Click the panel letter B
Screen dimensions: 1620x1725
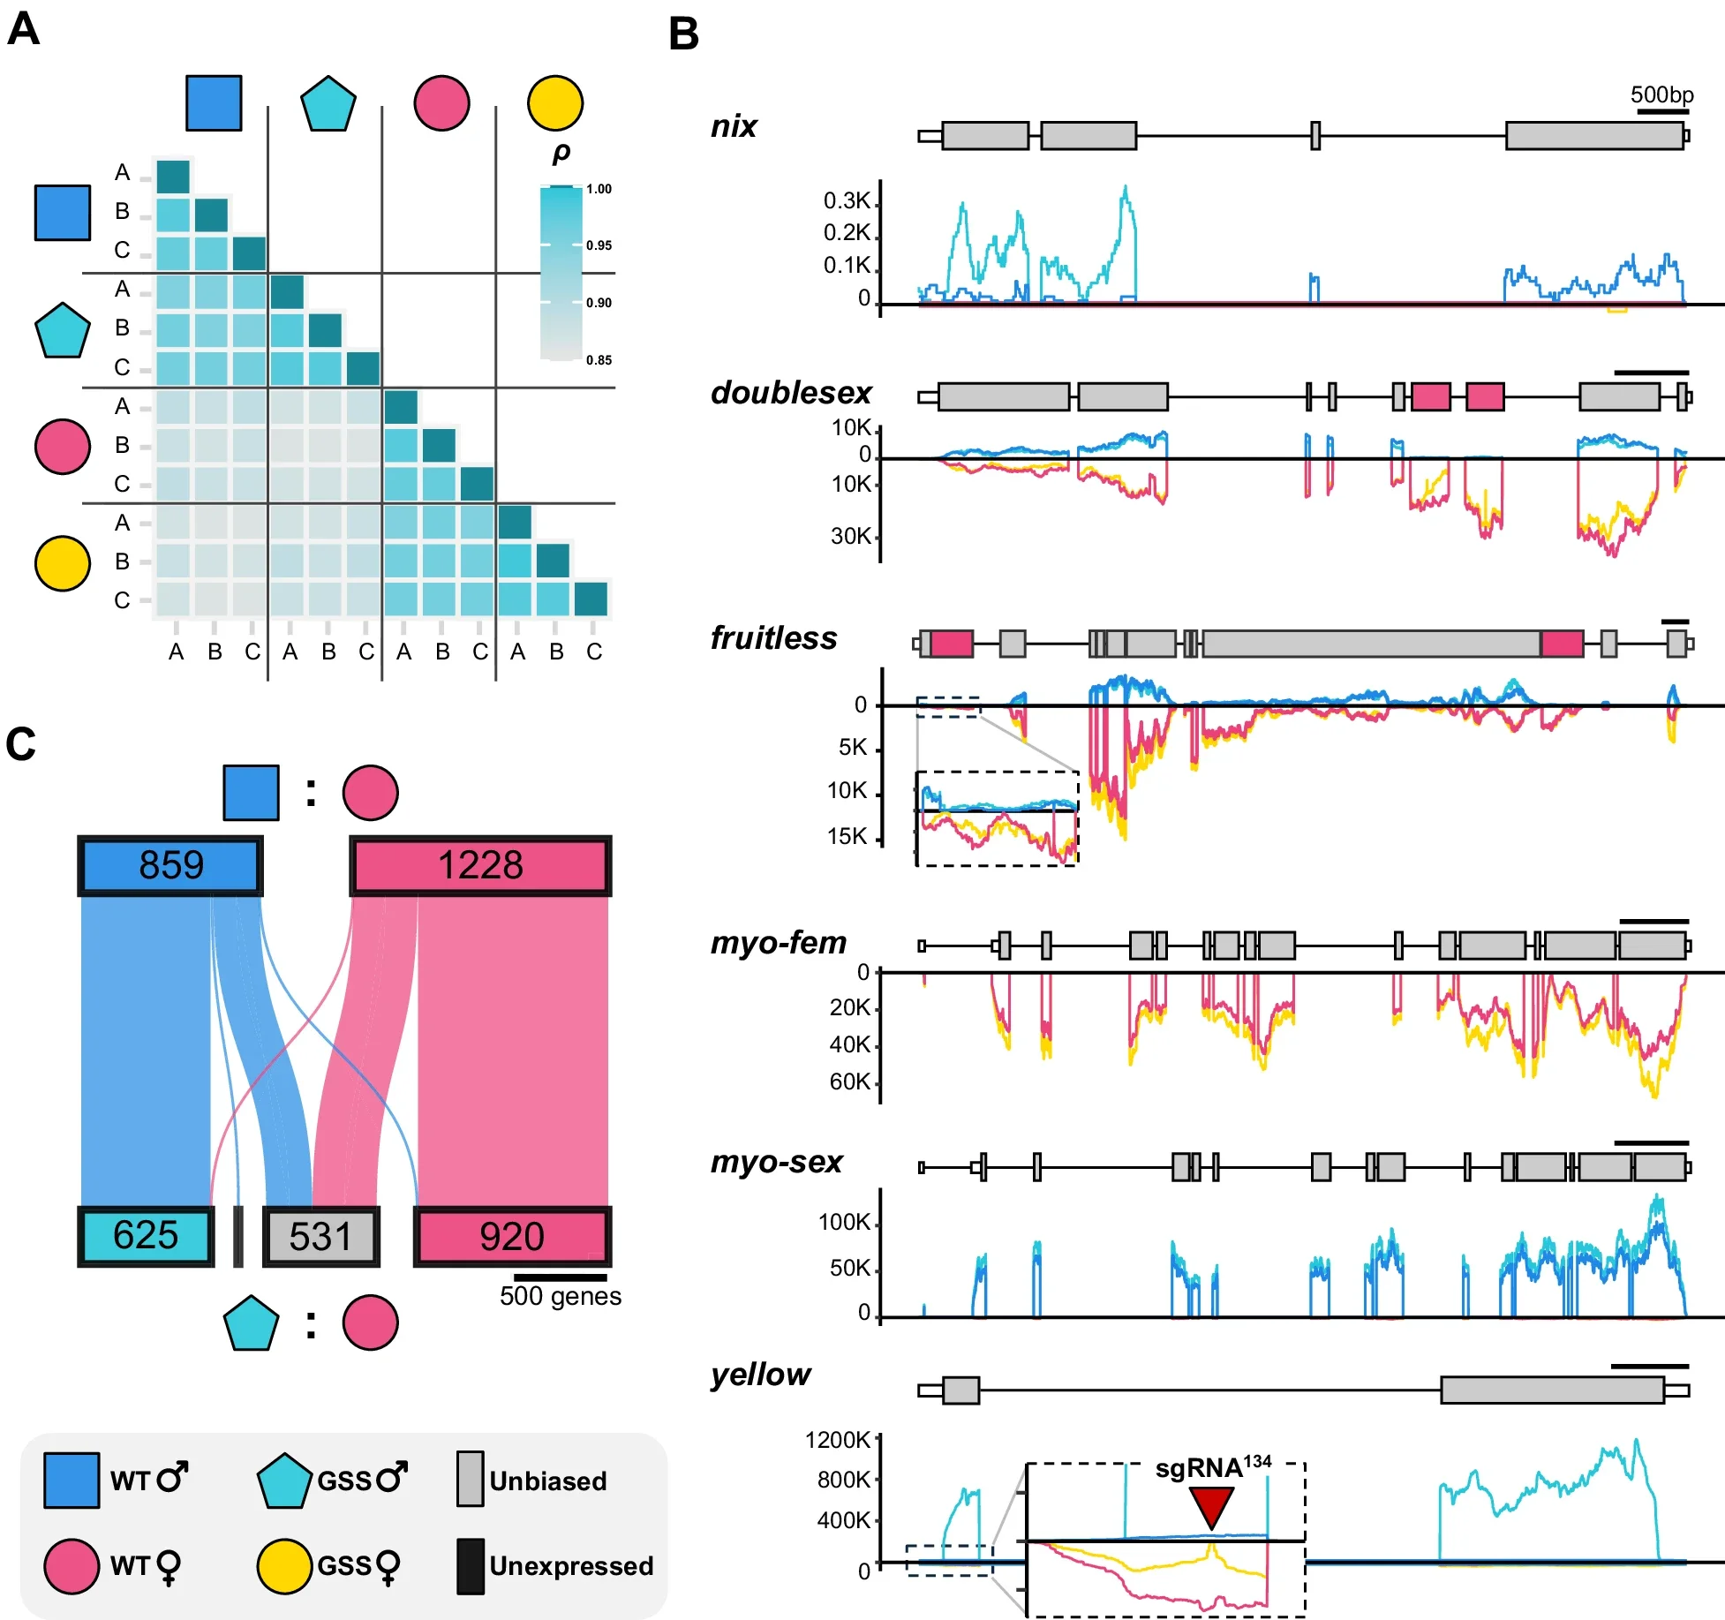tap(683, 34)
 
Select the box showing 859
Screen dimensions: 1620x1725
tap(170, 865)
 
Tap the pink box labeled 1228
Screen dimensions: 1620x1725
tap(480, 865)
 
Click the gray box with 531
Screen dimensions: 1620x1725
tap(321, 1236)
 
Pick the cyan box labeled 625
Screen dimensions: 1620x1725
tap(146, 1235)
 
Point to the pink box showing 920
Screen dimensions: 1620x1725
tap(512, 1236)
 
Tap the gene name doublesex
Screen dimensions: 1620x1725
tap(791, 393)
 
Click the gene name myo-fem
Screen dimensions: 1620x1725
tap(778, 943)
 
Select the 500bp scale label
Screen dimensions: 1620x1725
tap(1661, 94)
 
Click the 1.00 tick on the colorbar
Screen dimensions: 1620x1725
tap(599, 189)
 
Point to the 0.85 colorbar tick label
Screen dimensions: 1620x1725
tap(599, 360)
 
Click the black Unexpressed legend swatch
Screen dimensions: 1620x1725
tap(470, 1566)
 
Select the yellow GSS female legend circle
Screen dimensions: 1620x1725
tap(283, 1566)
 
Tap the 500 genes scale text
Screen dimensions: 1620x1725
tap(560, 1297)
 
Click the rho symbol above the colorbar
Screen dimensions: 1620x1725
tap(561, 154)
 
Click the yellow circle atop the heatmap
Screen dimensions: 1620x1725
tap(555, 103)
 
